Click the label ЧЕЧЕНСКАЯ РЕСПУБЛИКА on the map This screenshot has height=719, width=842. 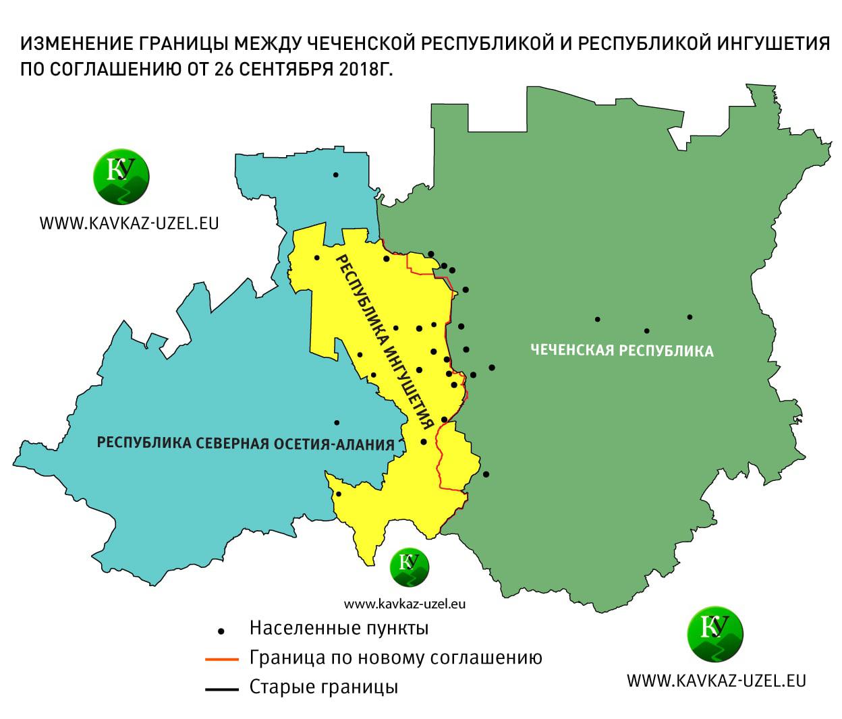tap(621, 351)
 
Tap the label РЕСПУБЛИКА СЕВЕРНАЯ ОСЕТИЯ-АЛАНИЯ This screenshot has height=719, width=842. tap(246, 444)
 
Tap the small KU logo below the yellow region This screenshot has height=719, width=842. tap(409, 566)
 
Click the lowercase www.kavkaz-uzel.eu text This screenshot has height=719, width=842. tap(404, 603)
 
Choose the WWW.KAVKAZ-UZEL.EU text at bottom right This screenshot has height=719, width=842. tap(717, 680)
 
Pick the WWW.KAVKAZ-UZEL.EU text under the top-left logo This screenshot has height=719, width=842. tap(129, 223)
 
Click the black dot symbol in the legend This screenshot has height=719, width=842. tap(221, 631)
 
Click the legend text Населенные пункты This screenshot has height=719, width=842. tap(339, 629)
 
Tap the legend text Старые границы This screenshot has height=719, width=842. tap(323, 687)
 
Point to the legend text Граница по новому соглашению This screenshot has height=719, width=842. tap(395, 658)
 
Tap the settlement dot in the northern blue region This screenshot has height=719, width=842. tap(335, 175)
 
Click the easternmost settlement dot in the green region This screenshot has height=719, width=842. tap(690, 317)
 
